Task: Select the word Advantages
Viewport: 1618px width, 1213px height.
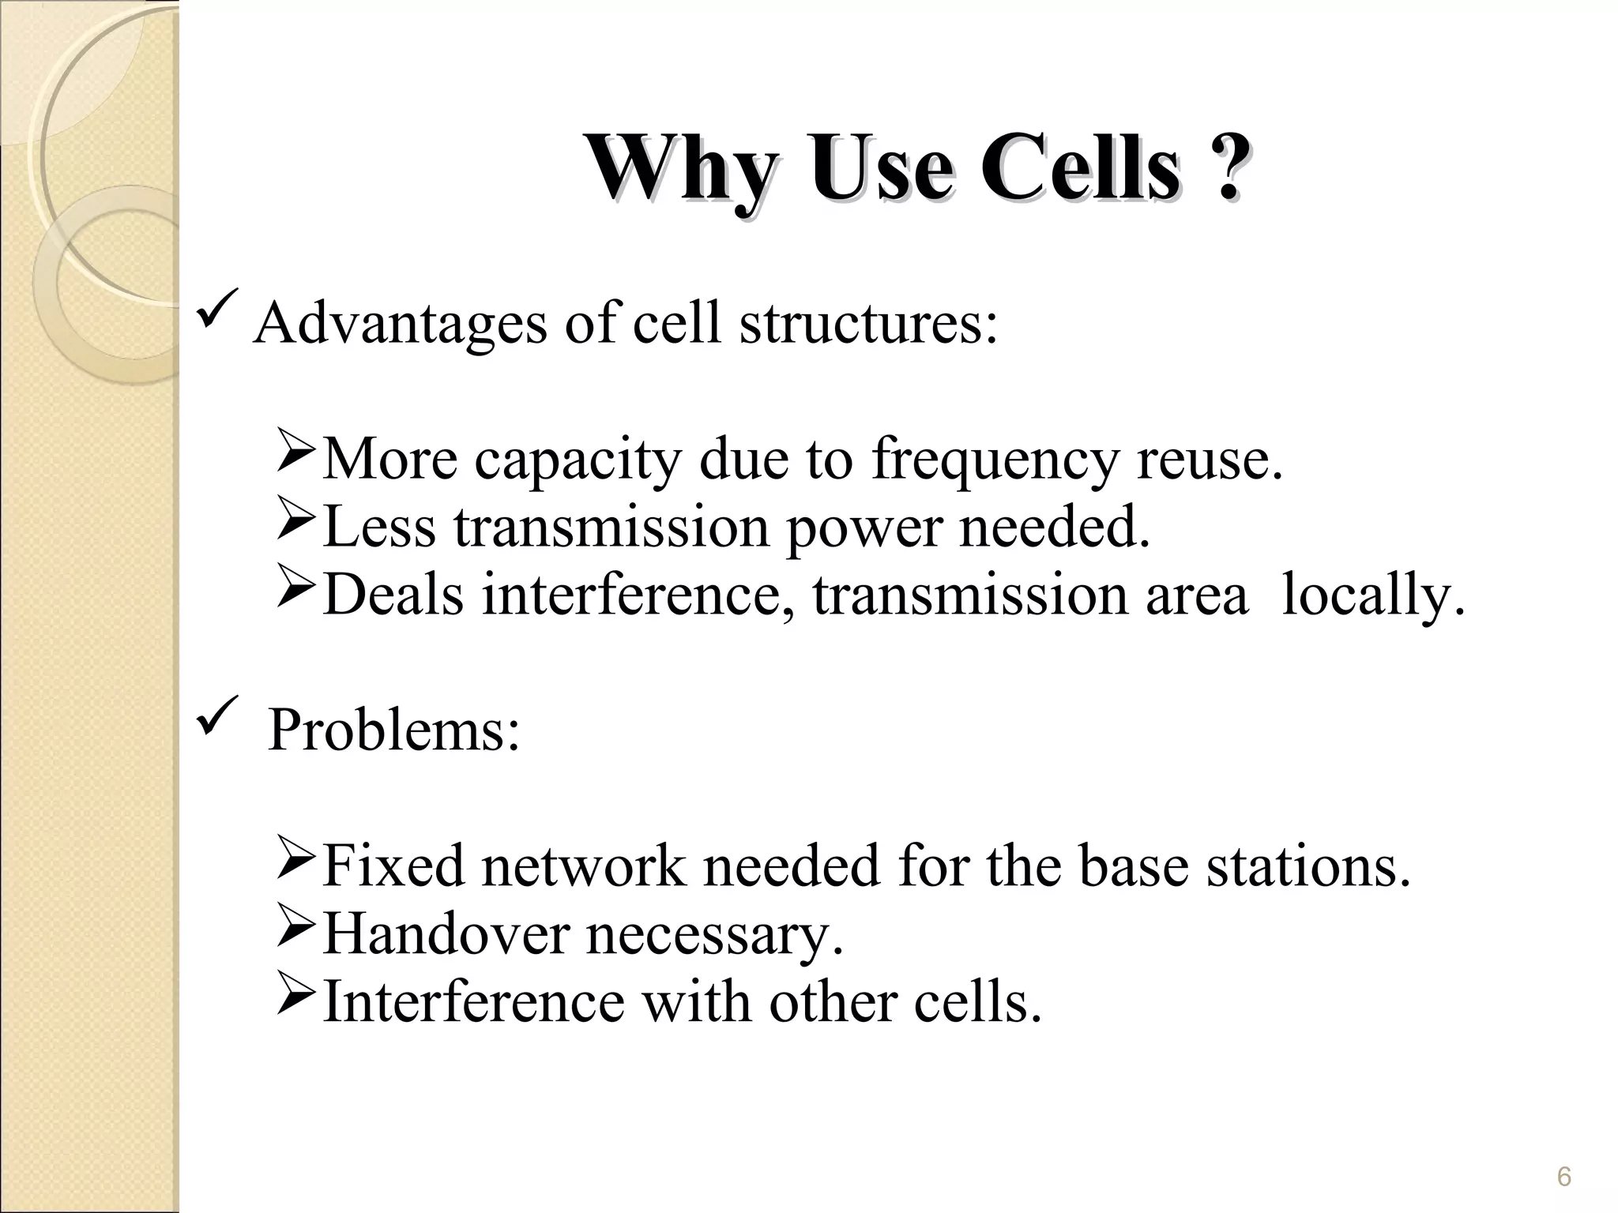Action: tap(400, 324)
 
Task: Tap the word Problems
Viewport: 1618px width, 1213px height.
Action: tap(393, 730)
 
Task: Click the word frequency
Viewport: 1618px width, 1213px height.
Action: tap(995, 460)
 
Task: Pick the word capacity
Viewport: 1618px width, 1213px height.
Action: tap(577, 460)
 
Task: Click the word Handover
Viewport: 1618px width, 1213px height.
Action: tap(445, 935)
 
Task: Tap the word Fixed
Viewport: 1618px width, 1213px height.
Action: tap(393, 867)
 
